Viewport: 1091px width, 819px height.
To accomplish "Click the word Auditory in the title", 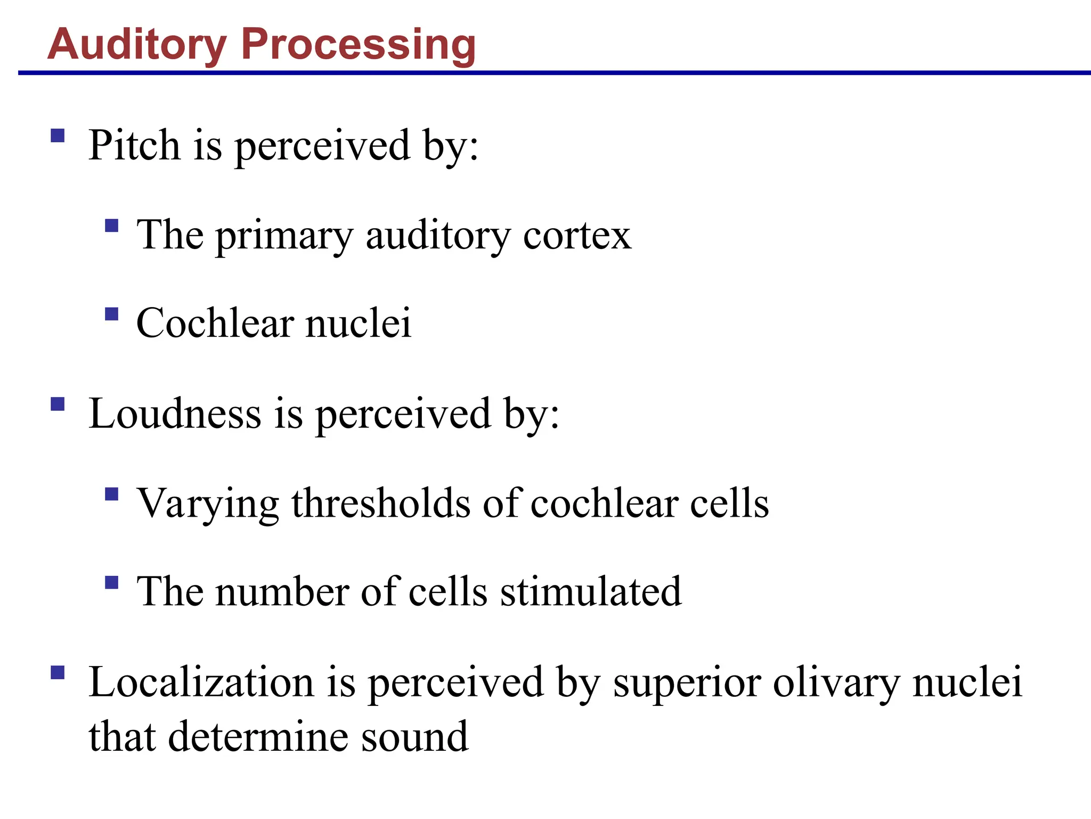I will [x=137, y=45].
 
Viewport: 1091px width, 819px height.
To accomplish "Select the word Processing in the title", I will [x=359, y=45].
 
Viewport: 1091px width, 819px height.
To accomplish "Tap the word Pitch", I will [x=134, y=145].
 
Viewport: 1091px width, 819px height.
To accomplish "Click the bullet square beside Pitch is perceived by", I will [x=58, y=135].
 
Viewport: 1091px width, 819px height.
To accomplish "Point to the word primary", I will [x=284, y=236].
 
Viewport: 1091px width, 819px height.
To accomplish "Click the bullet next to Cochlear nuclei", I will [x=111, y=314].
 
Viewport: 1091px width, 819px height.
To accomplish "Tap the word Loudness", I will [x=175, y=414].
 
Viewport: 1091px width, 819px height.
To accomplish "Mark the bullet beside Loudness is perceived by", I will [x=58, y=404].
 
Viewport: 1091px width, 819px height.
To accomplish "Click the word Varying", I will [x=208, y=504].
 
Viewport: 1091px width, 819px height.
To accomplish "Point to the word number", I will [x=282, y=592].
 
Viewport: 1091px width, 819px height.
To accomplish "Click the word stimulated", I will [x=591, y=592].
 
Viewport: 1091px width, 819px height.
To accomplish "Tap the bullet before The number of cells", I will [x=111, y=582].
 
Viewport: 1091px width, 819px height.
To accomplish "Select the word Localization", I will [x=201, y=682].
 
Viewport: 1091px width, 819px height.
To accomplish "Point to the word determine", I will [x=258, y=737].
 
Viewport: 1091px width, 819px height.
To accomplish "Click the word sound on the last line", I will [x=415, y=737].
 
